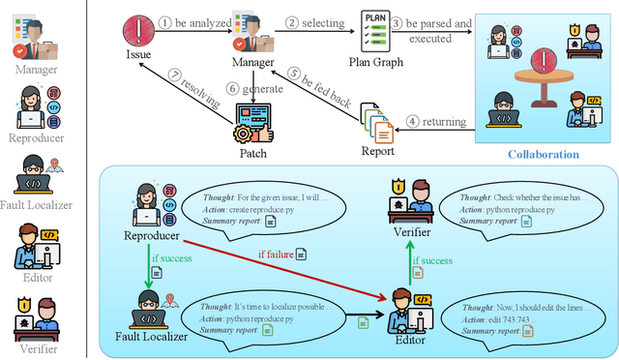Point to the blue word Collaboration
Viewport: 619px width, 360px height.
tap(543, 154)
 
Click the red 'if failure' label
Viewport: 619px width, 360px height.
tap(275, 253)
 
